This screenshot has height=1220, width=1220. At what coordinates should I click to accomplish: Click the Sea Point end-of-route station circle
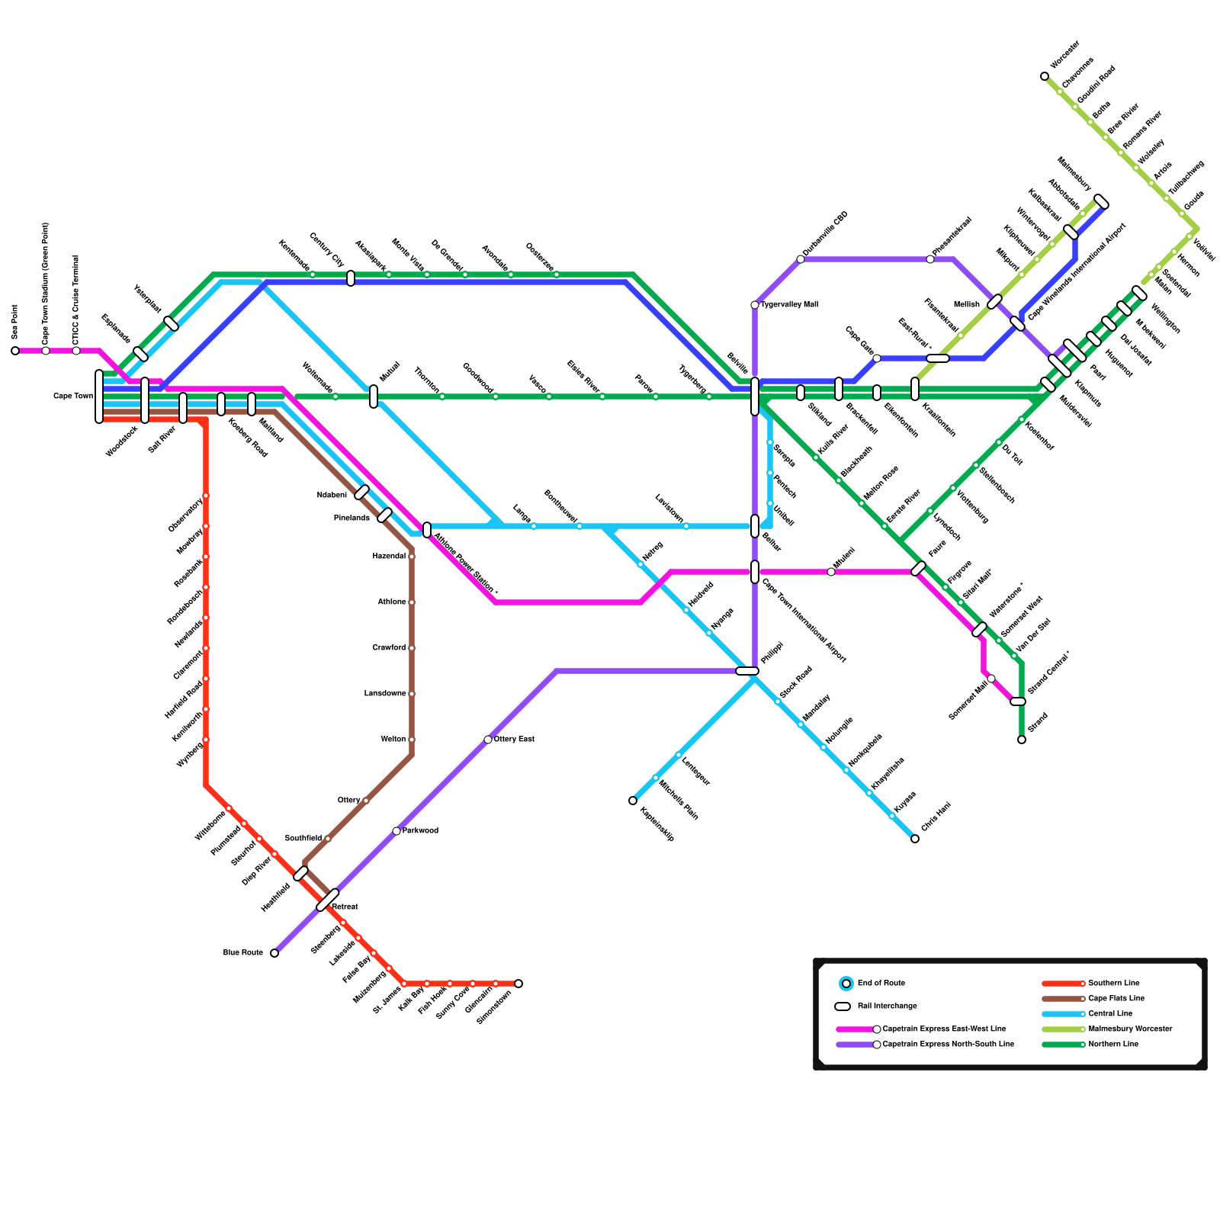[x=15, y=351]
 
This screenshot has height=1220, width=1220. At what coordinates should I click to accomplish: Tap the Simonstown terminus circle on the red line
[x=518, y=984]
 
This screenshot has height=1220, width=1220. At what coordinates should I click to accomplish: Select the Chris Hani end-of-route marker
[x=915, y=839]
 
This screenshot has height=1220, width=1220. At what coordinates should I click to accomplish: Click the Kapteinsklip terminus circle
[x=633, y=801]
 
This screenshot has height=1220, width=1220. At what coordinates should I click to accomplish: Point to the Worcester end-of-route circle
[x=1045, y=76]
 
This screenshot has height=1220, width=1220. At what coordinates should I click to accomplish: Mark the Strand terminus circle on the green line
[x=1022, y=740]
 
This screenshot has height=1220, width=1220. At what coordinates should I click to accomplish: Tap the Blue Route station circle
[x=274, y=953]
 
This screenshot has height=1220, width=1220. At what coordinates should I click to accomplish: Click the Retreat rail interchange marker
[x=328, y=900]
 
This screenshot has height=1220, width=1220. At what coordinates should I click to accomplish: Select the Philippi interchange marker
[x=747, y=671]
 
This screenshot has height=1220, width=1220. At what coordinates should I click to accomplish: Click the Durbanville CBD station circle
[x=801, y=259]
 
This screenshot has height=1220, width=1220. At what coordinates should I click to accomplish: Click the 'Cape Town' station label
[x=73, y=396]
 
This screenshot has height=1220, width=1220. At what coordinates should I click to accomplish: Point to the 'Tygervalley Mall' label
[x=789, y=305]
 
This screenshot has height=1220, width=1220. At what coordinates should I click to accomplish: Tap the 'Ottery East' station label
[x=514, y=740]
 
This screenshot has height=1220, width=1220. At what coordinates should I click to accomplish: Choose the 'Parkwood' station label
[x=420, y=831]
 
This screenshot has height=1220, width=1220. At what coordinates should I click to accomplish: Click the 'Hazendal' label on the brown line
[x=389, y=557]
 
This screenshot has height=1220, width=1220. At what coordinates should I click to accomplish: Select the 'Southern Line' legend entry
[x=1113, y=984]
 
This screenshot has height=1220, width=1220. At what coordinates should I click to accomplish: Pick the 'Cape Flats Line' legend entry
[x=1116, y=999]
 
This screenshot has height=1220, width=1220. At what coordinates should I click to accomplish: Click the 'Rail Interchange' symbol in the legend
[x=843, y=1006]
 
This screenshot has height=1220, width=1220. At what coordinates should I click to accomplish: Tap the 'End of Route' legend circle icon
[x=846, y=984]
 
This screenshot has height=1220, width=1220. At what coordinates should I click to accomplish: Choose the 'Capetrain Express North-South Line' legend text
[x=948, y=1045]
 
